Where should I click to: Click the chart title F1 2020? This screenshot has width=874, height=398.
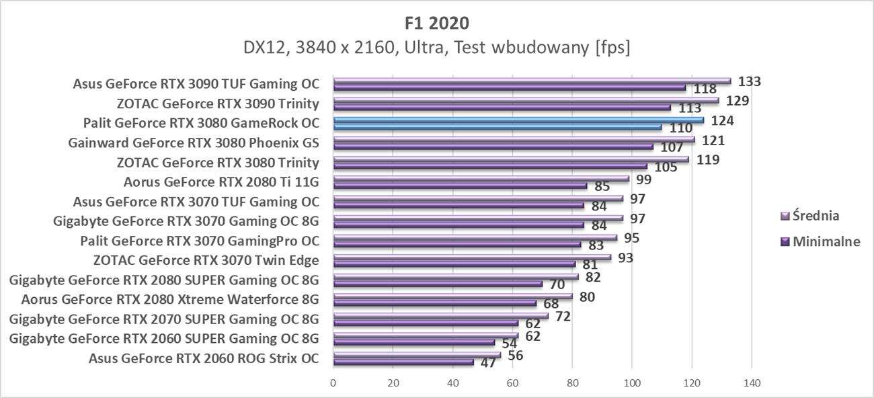tap(437, 23)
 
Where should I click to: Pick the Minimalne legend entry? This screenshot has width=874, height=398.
tap(820, 241)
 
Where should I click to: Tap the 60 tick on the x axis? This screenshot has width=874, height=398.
tap(512, 383)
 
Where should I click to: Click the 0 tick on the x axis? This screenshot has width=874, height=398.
tap(333, 383)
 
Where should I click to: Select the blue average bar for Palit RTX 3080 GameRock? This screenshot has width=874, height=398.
tap(518, 120)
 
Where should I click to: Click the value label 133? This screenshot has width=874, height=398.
tap(749, 81)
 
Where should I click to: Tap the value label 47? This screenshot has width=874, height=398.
tap(489, 363)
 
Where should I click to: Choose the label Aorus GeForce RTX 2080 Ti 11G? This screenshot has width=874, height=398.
tap(221, 182)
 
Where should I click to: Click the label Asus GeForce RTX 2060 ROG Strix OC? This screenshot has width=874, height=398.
tap(204, 358)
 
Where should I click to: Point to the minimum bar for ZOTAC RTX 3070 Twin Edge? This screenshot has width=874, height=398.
tap(454, 264)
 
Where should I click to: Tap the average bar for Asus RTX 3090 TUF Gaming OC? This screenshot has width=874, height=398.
tap(531, 81)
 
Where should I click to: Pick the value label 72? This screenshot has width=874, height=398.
tap(563, 315)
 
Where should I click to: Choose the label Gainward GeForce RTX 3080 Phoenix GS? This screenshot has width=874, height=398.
tap(194, 143)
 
